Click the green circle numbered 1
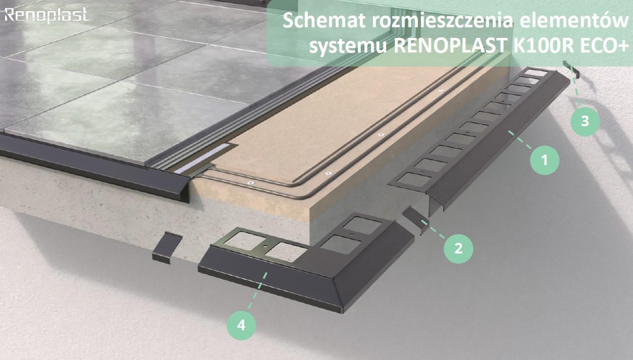pyautogui.click(x=544, y=160)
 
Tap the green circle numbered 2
pyautogui.click(x=458, y=248)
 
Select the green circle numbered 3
pyautogui.click(x=585, y=122)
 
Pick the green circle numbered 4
pyautogui.click(x=241, y=325)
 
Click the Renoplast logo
pyautogui.click(x=46, y=15)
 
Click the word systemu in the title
pyautogui.click(x=348, y=46)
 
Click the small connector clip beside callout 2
pyautogui.click(x=414, y=220)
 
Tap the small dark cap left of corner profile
pyautogui.click(x=167, y=248)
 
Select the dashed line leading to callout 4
pyautogui.click(x=257, y=290)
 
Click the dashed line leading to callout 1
pyautogui.click(x=520, y=139)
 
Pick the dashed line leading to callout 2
pyautogui.click(x=433, y=229)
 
